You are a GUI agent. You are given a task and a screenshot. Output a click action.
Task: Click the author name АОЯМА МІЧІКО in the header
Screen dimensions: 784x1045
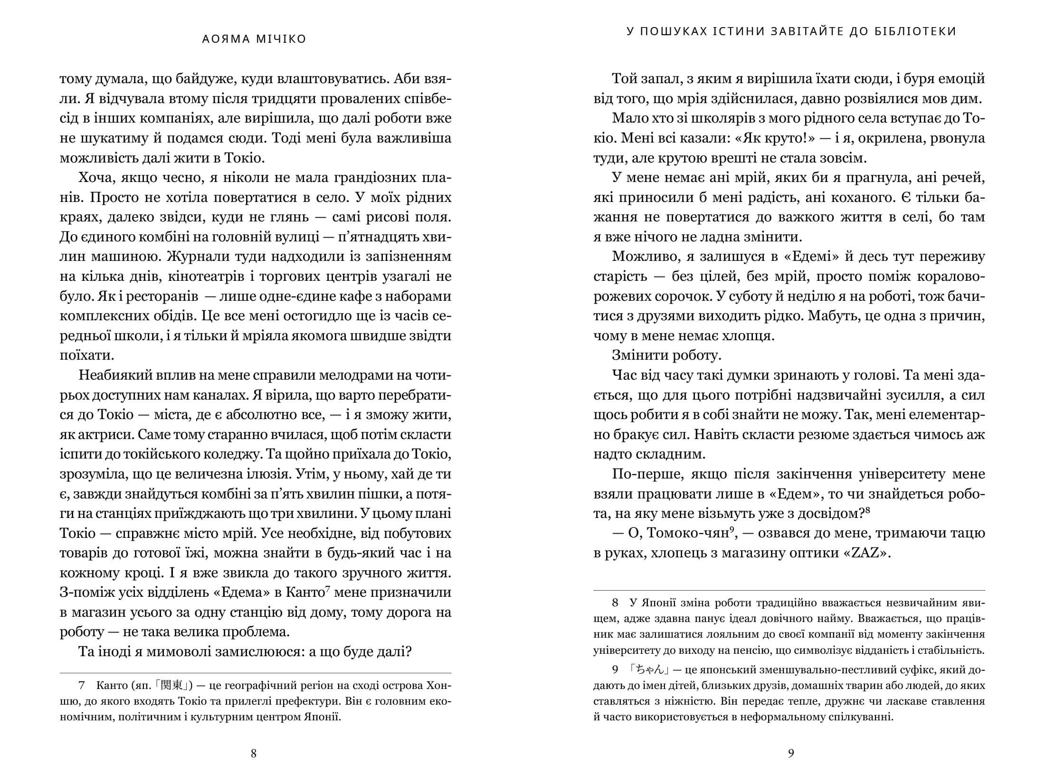pos(254,39)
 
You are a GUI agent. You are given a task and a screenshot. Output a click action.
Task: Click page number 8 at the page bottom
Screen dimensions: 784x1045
pos(253,753)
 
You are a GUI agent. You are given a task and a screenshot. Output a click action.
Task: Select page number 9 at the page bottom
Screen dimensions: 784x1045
pos(791,753)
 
